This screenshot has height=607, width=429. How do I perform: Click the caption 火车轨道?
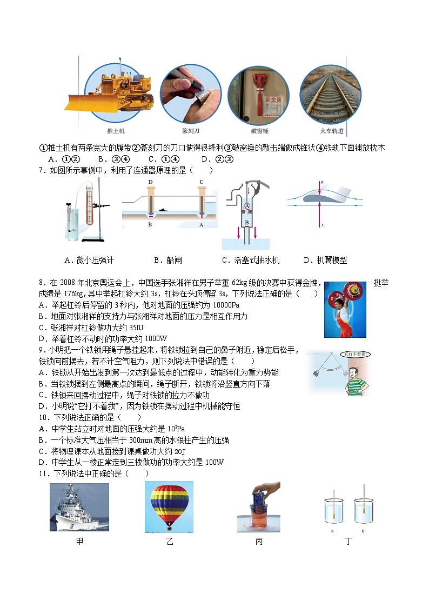click(330, 131)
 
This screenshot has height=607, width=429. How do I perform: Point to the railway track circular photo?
click(330, 95)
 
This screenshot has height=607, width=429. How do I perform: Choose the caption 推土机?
click(116, 131)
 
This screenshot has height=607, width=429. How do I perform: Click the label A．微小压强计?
click(89, 260)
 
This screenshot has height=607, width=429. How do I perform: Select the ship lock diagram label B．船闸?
click(167, 260)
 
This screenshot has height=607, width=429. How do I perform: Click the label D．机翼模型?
click(325, 260)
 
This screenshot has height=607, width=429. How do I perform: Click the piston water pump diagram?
click(246, 214)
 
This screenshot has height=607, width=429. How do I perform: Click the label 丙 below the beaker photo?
click(258, 541)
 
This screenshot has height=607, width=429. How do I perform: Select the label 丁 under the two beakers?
click(348, 541)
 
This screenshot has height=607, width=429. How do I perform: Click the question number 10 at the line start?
click(43, 417)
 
